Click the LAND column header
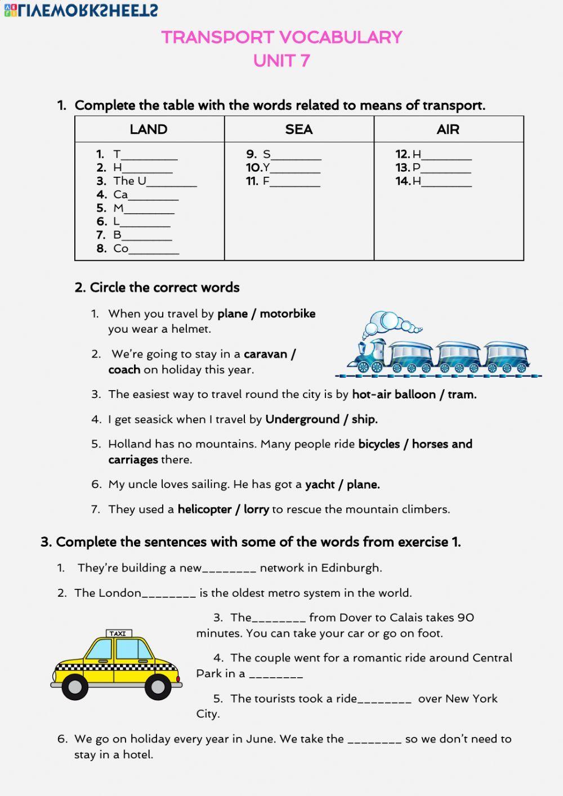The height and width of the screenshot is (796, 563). point(149,129)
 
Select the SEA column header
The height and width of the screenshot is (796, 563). point(298,129)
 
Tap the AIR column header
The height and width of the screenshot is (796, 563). point(448,129)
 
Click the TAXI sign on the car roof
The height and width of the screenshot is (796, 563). point(118,633)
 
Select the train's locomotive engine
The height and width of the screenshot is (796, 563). point(369,356)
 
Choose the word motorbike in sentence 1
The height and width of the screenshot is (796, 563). point(288,314)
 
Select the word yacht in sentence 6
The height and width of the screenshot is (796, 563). point(320,485)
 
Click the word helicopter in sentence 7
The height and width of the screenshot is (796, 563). point(205,509)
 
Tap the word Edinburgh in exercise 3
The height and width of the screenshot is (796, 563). point(351,568)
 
